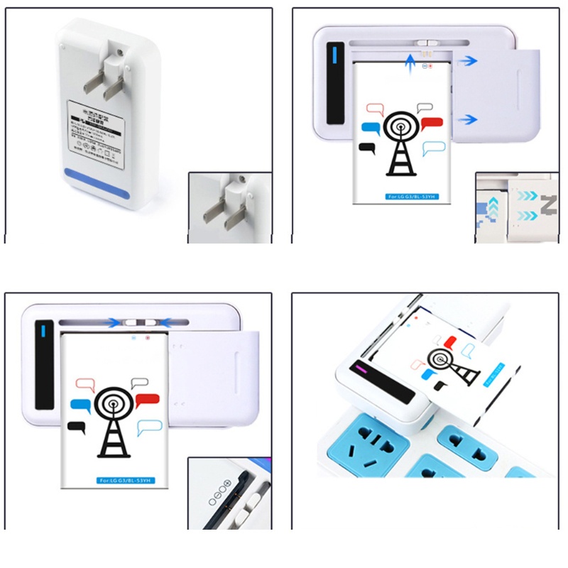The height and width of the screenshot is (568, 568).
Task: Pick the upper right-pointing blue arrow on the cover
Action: (466, 61)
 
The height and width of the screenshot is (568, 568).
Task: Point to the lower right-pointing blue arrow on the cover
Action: (466, 119)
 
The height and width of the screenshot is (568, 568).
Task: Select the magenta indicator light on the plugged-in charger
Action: (360, 368)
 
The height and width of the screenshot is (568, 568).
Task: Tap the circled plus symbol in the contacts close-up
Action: (228, 484)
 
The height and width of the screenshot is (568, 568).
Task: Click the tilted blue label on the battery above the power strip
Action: (496, 376)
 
